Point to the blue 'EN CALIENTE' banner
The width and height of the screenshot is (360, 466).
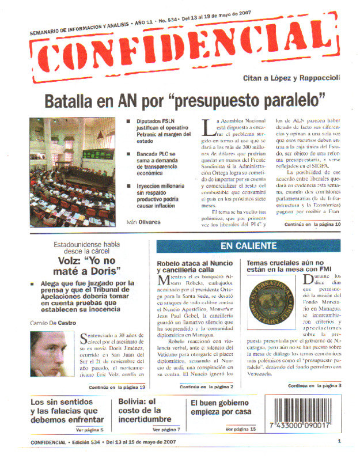[x=248, y=246]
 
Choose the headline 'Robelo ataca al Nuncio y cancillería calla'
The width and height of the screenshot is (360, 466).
[x=195, y=268]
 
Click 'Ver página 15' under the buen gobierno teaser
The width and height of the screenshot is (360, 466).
[x=240, y=429]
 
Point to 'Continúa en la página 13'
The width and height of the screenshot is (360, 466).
[x=116, y=387]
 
